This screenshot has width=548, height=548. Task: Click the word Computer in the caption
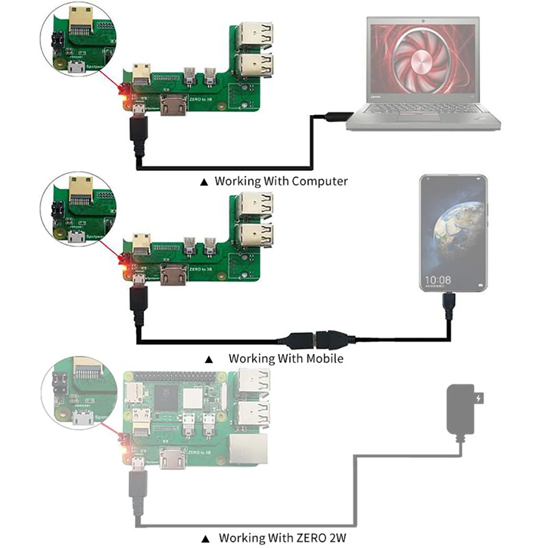319,181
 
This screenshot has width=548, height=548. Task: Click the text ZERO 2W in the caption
328,537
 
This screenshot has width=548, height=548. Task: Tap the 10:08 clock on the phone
437,279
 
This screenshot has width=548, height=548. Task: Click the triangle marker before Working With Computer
204,182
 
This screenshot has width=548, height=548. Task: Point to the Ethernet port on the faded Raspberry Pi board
249,449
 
